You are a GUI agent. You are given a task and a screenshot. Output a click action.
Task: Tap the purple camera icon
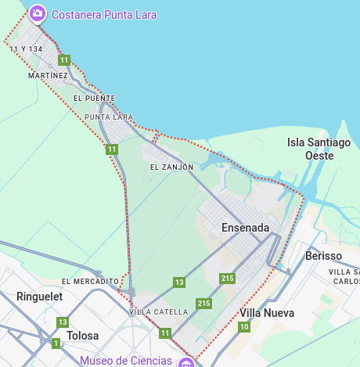click(x=37, y=13)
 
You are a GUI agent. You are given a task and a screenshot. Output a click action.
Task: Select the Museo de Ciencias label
click(x=125, y=360)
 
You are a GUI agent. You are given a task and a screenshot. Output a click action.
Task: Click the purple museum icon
click(x=186, y=362)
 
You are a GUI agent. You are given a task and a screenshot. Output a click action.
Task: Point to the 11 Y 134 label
click(x=26, y=49)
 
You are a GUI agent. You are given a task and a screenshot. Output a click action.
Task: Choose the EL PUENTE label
click(x=94, y=99)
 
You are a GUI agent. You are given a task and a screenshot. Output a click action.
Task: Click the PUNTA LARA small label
click(x=109, y=117)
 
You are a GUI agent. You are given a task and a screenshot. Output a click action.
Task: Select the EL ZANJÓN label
click(x=171, y=167)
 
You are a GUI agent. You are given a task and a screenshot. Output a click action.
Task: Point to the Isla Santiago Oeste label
click(x=319, y=149)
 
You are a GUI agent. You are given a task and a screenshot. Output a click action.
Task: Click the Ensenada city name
click(x=245, y=228)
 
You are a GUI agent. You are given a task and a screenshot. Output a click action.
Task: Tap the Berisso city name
click(x=323, y=256)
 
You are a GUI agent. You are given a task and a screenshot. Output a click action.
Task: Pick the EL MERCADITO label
click(x=90, y=281)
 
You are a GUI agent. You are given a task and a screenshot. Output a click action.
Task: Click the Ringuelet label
click(x=39, y=297)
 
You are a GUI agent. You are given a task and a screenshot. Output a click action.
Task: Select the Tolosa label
click(x=83, y=336)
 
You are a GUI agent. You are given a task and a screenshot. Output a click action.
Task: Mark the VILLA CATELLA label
click(x=158, y=311)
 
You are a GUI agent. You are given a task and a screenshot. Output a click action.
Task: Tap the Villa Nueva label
click(x=267, y=313)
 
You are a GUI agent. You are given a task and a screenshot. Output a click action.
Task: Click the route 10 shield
click(x=244, y=326)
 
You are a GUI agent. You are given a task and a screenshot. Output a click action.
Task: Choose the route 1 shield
click(x=56, y=343)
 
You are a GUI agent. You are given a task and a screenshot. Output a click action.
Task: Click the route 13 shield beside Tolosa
click(x=63, y=322)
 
